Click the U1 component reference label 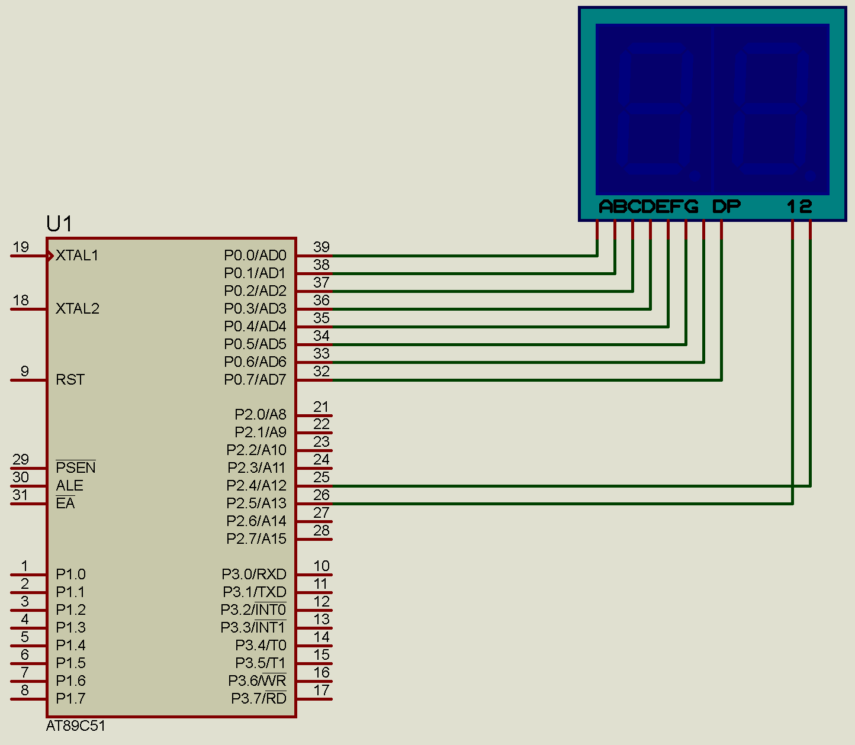[59, 224]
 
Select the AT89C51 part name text [76, 726]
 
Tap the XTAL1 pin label [77, 256]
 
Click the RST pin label [70, 380]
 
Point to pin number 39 [322, 247]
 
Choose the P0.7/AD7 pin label [255, 380]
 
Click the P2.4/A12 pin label [256, 486]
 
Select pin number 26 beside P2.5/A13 [322, 495]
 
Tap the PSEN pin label [75, 468]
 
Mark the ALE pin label [69, 486]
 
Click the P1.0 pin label [70, 575]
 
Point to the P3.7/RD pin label [258, 699]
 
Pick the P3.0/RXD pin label [253, 575]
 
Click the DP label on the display [726, 207]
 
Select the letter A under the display [606, 207]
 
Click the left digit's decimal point [695, 176]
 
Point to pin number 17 [322, 691]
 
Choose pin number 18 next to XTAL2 [21, 301]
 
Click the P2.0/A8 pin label [260, 415]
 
